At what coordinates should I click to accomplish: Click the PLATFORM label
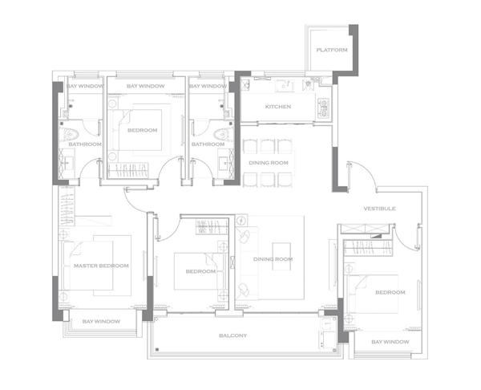pos(332,50)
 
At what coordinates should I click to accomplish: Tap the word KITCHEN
pos(278,107)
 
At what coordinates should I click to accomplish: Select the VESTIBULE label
pos(379,209)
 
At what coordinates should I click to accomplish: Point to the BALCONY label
pos(232,335)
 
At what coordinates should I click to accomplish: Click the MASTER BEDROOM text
pos(101,266)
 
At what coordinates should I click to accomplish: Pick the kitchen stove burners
pos(323,108)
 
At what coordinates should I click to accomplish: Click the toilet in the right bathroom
pos(221,135)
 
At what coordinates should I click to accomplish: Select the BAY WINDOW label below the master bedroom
pos(101,322)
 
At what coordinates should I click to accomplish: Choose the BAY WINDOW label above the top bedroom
pos(146,86)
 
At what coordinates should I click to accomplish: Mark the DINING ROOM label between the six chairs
pos(269,163)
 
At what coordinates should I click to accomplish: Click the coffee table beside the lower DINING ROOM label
pos(281,257)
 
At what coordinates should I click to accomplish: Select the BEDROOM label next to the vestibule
pos(390,292)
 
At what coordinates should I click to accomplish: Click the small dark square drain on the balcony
pos(157,349)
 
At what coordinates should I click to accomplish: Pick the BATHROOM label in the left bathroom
pos(85,144)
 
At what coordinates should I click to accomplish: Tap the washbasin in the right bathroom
pos(224,163)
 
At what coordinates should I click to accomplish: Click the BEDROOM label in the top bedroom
pos(143,130)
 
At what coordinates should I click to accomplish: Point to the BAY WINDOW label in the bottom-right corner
pos(390,342)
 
